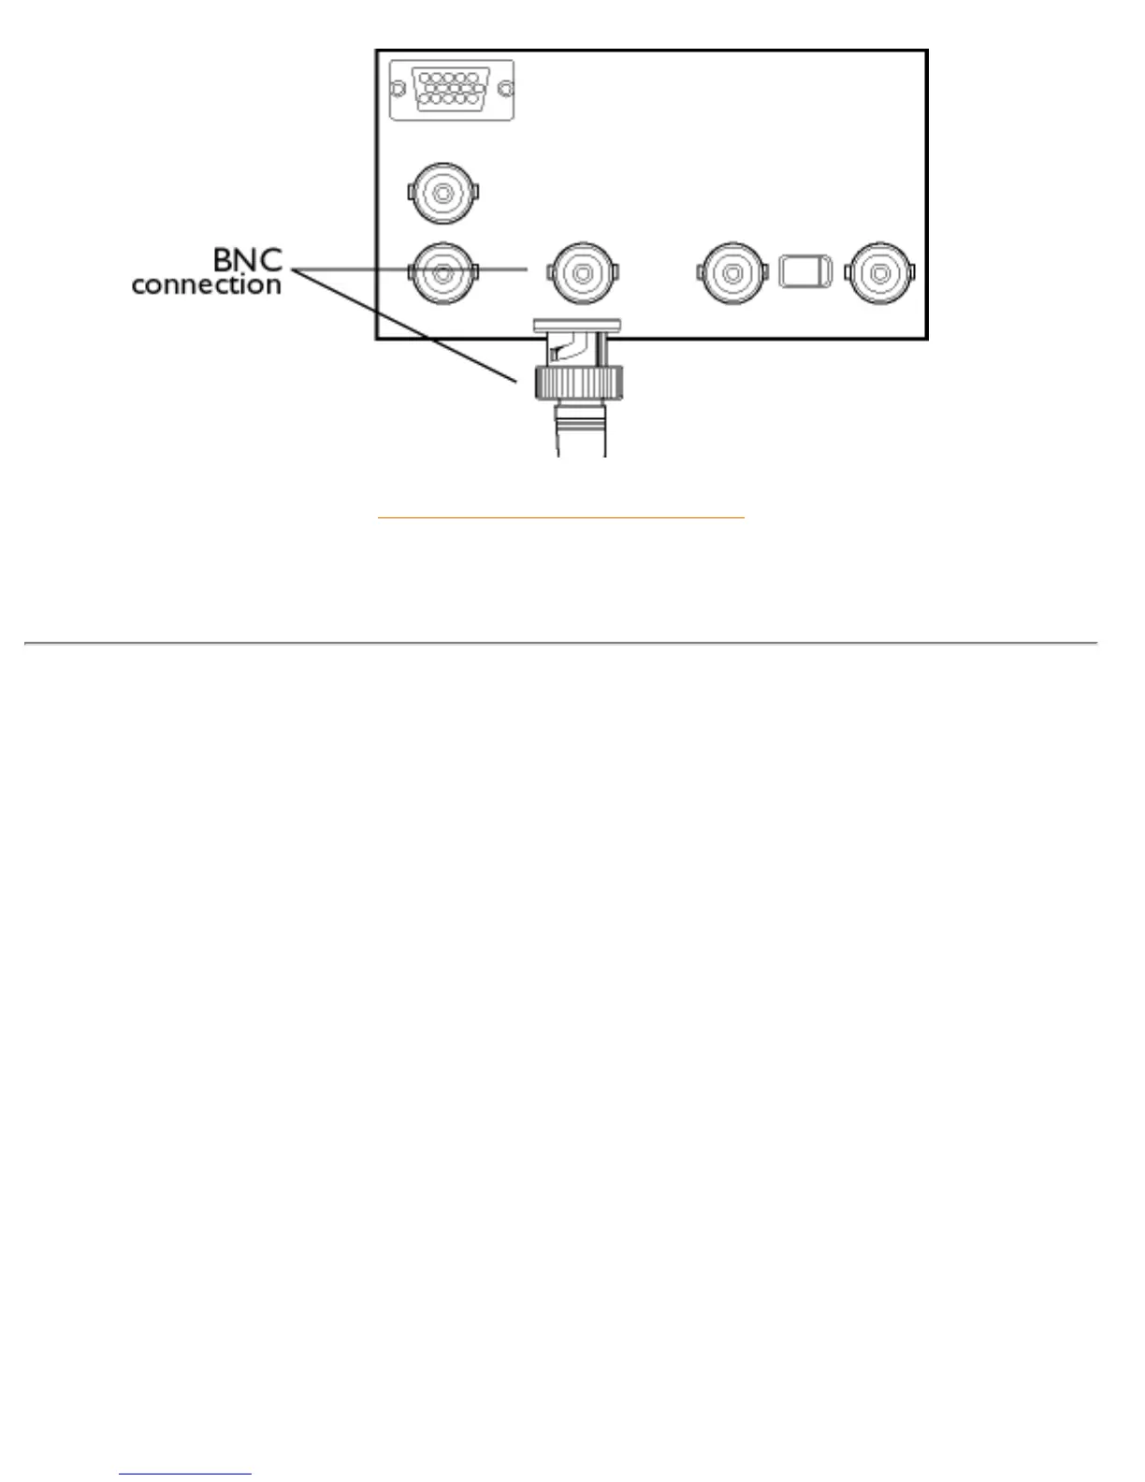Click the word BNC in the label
pos(248,258)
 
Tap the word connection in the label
pos(207,284)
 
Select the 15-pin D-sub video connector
pos(452,90)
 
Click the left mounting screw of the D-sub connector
pos(398,90)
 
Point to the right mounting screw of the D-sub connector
pos(506,90)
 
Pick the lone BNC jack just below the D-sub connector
pos(443,194)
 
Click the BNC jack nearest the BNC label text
pos(443,272)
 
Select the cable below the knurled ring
pos(580,430)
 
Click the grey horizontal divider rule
pos(561,643)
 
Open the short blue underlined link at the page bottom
pos(185,1475)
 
